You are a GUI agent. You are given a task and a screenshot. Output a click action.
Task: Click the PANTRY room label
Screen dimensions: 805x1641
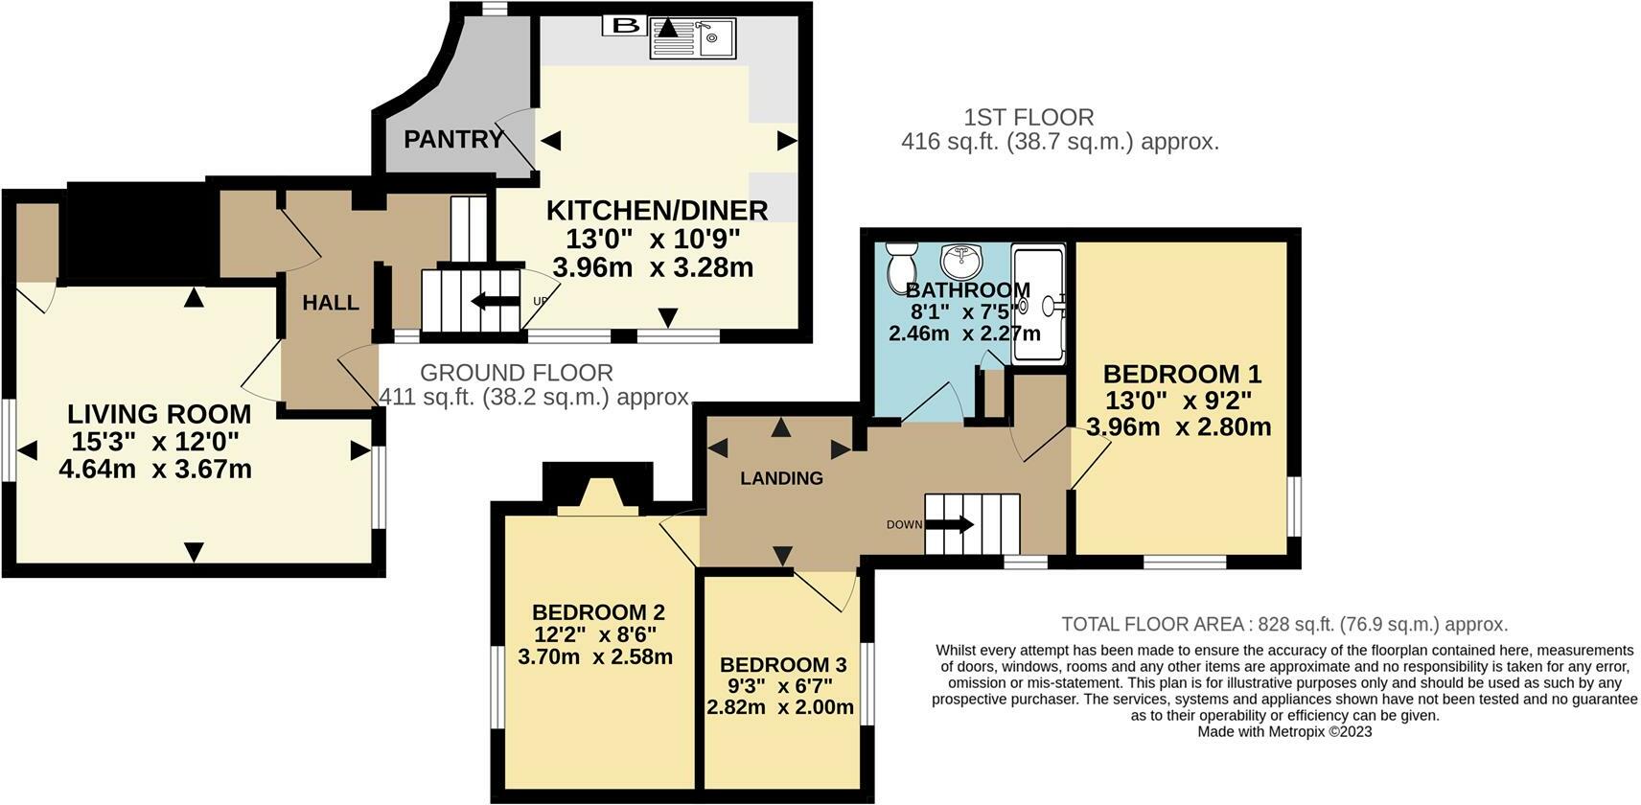tap(453, 140)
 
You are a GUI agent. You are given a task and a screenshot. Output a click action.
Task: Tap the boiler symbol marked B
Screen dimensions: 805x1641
tap(625, 25)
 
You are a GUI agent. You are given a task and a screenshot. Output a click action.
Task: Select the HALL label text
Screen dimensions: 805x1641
tap(331, 303)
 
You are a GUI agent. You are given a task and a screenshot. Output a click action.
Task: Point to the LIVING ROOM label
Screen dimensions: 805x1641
tap(159, 414)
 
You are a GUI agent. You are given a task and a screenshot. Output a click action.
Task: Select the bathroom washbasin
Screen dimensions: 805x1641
tap(961, 259)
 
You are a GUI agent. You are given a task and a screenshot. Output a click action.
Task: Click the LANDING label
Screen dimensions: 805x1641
tap(781, 478)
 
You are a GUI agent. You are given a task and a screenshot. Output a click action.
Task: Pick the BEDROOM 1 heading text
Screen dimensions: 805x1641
tap(1182, 374)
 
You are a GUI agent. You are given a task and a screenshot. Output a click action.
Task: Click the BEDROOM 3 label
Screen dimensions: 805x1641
tap(783, 664)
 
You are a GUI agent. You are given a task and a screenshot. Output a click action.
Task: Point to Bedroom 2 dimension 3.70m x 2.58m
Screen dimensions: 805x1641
tap(595, 657)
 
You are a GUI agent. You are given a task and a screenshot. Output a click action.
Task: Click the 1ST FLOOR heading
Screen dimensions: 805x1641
tap(1029, 118)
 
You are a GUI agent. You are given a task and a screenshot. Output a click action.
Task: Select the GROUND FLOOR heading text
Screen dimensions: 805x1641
tap(516, 373)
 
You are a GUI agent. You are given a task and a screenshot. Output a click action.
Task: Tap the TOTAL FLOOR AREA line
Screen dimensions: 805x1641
tap(1284, 624)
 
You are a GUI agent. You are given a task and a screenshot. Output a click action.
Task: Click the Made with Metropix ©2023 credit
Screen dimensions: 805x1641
tap(1284, 731)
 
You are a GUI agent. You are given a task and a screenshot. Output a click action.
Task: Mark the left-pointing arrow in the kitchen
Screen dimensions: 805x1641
tap(550, 141)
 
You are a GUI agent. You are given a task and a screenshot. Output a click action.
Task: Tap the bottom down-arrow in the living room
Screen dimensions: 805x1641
tap(195, 552)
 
